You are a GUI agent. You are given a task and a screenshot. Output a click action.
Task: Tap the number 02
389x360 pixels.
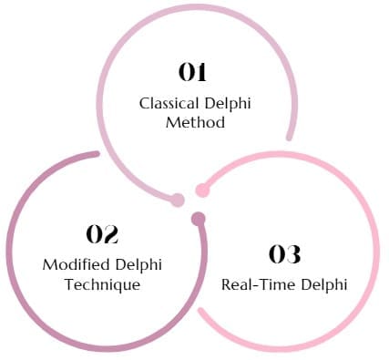click(x=103, y=234)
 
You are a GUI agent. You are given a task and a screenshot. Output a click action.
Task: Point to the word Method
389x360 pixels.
click(x=195, y=122)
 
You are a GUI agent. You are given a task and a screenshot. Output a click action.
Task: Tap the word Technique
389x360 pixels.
click(x=103, y=284)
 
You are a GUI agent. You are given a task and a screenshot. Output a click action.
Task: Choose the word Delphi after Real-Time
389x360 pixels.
click(x=325, y=283)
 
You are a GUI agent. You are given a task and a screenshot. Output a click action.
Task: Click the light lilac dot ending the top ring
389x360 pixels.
click(x=178, y=200)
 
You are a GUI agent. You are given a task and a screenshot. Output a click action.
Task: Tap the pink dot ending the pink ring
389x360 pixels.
click(x=203, y=190)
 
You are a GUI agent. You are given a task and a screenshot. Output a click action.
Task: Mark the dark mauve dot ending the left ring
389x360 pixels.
click(x=199, y=219)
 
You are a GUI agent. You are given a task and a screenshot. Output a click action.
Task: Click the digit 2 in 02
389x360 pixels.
click(x=113, y=234)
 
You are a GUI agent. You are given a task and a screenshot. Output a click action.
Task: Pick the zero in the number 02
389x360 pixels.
click(x=94, y=234)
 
